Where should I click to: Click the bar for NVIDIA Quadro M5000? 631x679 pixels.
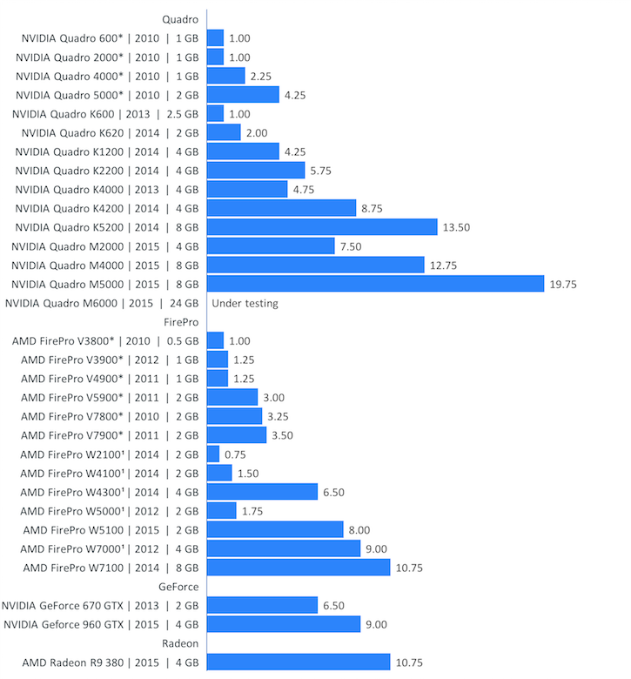click(x=375, y=284)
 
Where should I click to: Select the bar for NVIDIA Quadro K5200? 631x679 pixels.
click(x=322, y=227)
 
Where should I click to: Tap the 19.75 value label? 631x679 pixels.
click(x=562, y=284)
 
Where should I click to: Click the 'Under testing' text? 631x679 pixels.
click(x=245, y=303)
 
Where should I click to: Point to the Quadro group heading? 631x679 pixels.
click(x=180, y=18)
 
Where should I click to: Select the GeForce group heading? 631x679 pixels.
click(x=178, y=587)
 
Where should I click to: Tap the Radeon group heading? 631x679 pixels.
click(x=180, y=643)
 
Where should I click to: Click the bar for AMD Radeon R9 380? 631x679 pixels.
click(x=299, y=662)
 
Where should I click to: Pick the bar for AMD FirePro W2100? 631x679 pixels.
click(x=213, y=454)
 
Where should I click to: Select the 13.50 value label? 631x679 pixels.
click(x=456, y=227)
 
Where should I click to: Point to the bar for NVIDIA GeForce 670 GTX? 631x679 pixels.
click(x=262, y=606)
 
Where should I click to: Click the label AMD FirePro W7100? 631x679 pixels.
click(x=111, y=568)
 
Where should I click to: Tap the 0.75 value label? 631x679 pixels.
click(x=235, y=454)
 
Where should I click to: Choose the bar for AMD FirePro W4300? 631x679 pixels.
click(x=262, y=492)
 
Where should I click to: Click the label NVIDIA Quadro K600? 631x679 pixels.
click(x=105, y=113)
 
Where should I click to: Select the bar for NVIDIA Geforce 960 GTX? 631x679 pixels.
click(x=284, y=624)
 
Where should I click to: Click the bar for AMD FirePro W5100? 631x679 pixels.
click(x=275, y=529)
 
